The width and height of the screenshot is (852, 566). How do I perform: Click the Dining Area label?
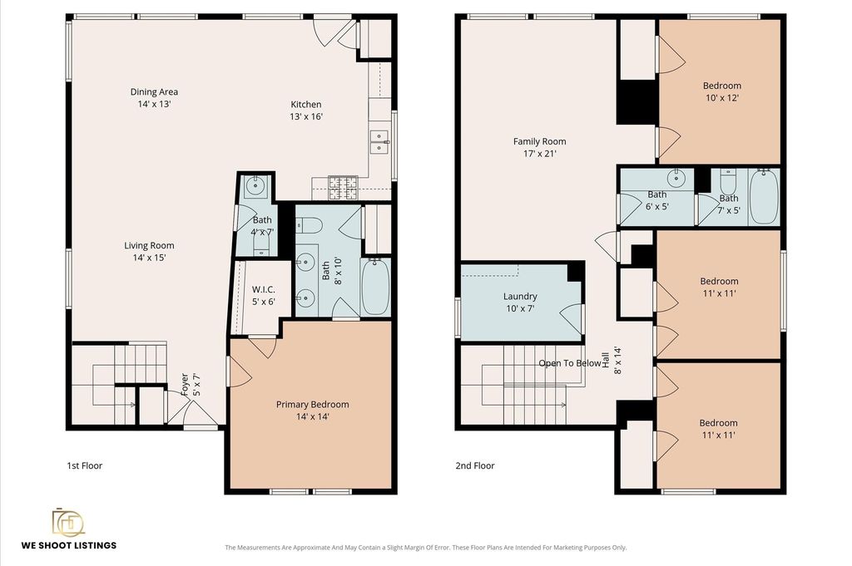click(154, 91)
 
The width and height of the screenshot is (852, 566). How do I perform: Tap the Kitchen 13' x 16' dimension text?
click(306, 116)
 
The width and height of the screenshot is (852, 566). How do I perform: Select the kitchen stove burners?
click(342, 187)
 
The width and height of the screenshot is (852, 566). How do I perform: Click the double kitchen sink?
click(379, 141)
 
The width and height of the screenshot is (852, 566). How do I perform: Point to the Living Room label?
click(149, 245)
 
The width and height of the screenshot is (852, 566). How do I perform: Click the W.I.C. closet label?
click(264, 289)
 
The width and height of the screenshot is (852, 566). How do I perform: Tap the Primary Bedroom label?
click(313, 404)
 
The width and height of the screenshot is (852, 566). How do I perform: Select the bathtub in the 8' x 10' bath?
click(375, 287)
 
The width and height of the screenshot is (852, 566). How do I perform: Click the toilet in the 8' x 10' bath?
click(310, 224)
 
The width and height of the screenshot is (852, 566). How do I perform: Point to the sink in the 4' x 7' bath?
click(255, 186)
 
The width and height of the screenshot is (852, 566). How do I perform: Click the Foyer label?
click(185, 384)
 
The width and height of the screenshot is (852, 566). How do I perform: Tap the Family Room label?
click(539, 141)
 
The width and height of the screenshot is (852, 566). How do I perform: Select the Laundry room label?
click(520, 296)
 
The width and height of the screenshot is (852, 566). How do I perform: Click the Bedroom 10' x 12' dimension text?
click(721, 98)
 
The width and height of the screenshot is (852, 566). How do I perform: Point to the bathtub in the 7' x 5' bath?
click(764, 196)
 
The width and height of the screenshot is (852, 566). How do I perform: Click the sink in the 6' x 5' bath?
click(676, 178)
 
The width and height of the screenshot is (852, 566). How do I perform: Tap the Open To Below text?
click(570, 363)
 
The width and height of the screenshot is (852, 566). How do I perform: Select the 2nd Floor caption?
click(475, 465)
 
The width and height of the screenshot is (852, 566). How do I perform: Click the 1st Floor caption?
click(84, 465)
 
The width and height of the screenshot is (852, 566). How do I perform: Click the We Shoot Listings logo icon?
click(68, 522)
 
